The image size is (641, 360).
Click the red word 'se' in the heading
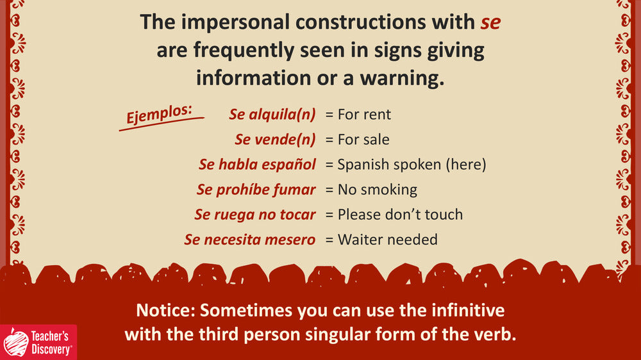490,23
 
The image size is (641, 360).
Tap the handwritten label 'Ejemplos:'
159,114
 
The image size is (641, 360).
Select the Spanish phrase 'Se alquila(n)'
272,115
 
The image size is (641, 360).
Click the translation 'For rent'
364,115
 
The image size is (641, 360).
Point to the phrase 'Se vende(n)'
275,140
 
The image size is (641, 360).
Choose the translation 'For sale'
363,140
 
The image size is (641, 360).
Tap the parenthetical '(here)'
466,165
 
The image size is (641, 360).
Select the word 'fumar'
294,190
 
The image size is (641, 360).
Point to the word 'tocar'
297,215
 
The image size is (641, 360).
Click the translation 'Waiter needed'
388,240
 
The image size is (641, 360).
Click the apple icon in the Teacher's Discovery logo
16,343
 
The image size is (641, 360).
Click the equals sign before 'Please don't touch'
329,215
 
